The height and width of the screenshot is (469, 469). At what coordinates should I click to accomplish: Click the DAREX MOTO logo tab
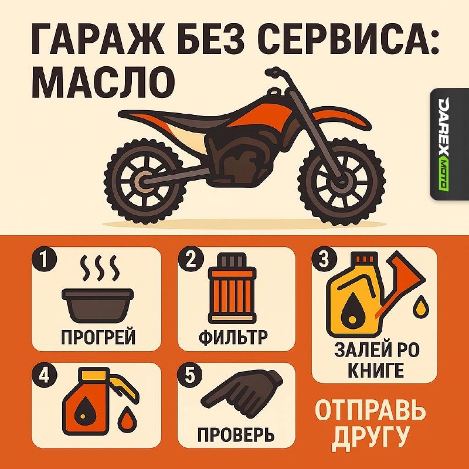[x=450, y=144]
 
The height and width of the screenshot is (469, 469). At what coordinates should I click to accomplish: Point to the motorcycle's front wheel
[x=341, y=181]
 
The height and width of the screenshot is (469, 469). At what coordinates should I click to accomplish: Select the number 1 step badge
[x=44, y=259]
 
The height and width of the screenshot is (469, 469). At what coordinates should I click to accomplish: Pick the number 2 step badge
[x=191, y=259]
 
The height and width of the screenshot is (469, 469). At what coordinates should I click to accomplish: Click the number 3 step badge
[x=324, y=259]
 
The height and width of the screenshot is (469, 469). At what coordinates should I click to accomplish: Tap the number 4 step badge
[x=44, y=375]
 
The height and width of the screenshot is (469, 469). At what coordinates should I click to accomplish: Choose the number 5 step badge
[x=190, y=375]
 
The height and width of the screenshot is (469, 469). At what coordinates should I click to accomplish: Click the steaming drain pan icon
[x=98, y=289]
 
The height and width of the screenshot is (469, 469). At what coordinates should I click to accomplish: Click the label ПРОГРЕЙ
[x=98, y=337]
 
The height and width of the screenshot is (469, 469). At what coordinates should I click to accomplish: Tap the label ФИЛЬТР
[x=233, y=337]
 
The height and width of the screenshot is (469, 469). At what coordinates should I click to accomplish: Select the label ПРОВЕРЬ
[x=236, y=434]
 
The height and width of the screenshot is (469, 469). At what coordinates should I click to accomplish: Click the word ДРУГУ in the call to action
[x=371, y=437]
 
